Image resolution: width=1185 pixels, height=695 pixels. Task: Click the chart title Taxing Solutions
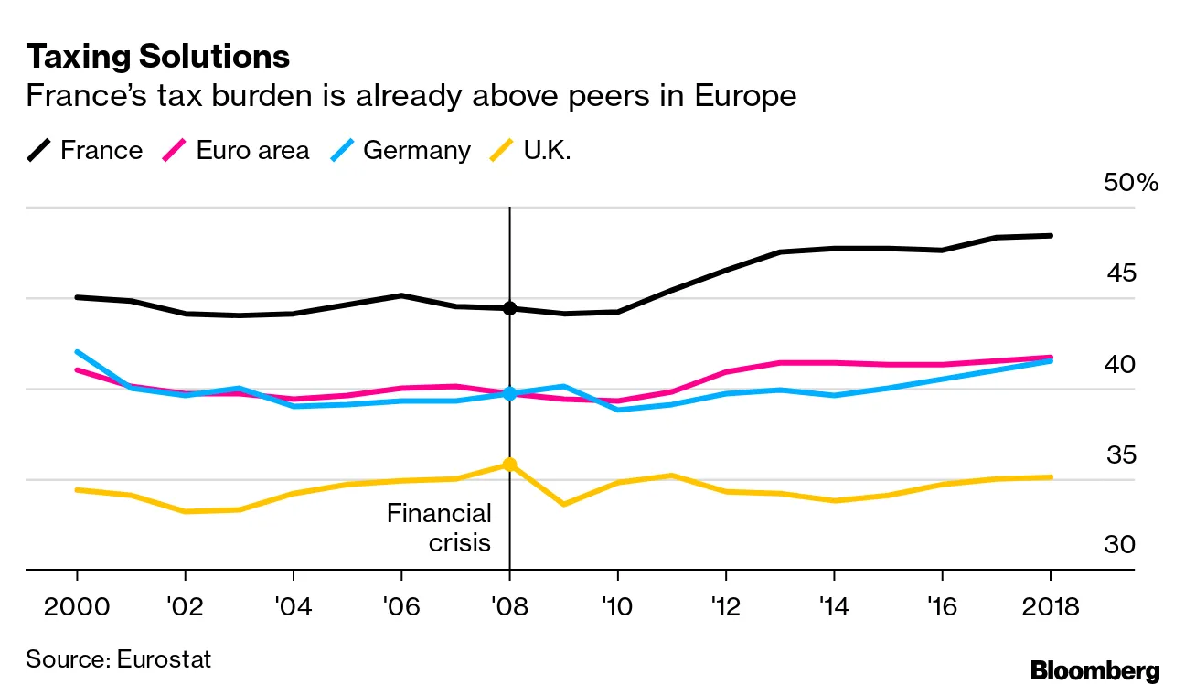coord(157,57)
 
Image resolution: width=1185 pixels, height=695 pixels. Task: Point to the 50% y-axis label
coord(1131,183)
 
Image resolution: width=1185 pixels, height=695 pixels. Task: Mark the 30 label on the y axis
coord(1120,544)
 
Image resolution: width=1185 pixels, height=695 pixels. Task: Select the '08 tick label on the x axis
coord(509,606)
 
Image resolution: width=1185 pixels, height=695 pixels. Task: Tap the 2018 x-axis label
coord(1050,606)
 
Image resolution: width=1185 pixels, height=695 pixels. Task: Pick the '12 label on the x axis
coord(725,606)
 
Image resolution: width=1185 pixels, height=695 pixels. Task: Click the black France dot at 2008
coord(509,309)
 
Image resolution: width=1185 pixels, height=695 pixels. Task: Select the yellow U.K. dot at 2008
coord(509,465)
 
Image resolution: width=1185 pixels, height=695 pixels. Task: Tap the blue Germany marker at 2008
coord(509,394)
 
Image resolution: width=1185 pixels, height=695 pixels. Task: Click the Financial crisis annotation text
coord(439,528)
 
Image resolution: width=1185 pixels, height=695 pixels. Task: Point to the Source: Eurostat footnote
coord(118,658)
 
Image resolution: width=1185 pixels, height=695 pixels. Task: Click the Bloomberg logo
coord(1094,670)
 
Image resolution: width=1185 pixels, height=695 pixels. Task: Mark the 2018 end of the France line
coord(1051,236)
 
